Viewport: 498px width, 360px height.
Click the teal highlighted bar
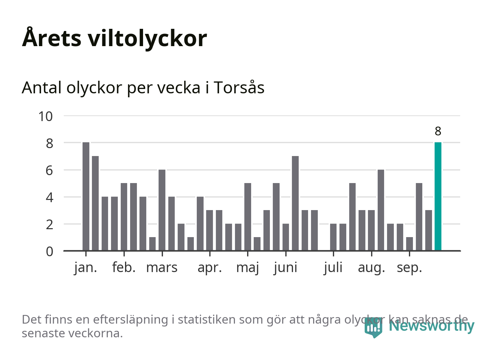(438, 196)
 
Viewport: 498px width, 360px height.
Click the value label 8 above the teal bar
(438, 131)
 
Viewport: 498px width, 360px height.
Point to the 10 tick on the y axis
(45, 116)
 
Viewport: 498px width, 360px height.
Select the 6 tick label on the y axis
(49, 170)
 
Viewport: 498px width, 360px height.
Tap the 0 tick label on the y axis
(49, 251)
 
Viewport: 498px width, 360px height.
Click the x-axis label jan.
(86, 268)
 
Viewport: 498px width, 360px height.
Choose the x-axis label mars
(162, 268)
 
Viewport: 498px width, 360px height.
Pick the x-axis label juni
(285, 268)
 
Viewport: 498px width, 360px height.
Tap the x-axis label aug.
(372, 268)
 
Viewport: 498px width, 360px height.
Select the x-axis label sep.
(409, 268)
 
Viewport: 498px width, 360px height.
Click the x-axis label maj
(248, 268)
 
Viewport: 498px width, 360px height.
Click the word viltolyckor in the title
(147, 38)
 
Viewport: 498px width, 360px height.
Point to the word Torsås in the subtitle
(239, 88)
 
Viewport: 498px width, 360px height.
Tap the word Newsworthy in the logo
(431, 326)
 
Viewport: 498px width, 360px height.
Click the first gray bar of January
(86, 196)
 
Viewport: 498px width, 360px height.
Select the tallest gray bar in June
(295, 203)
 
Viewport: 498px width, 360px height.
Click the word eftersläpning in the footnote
(130, 320)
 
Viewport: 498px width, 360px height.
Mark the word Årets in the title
(52, 38)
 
